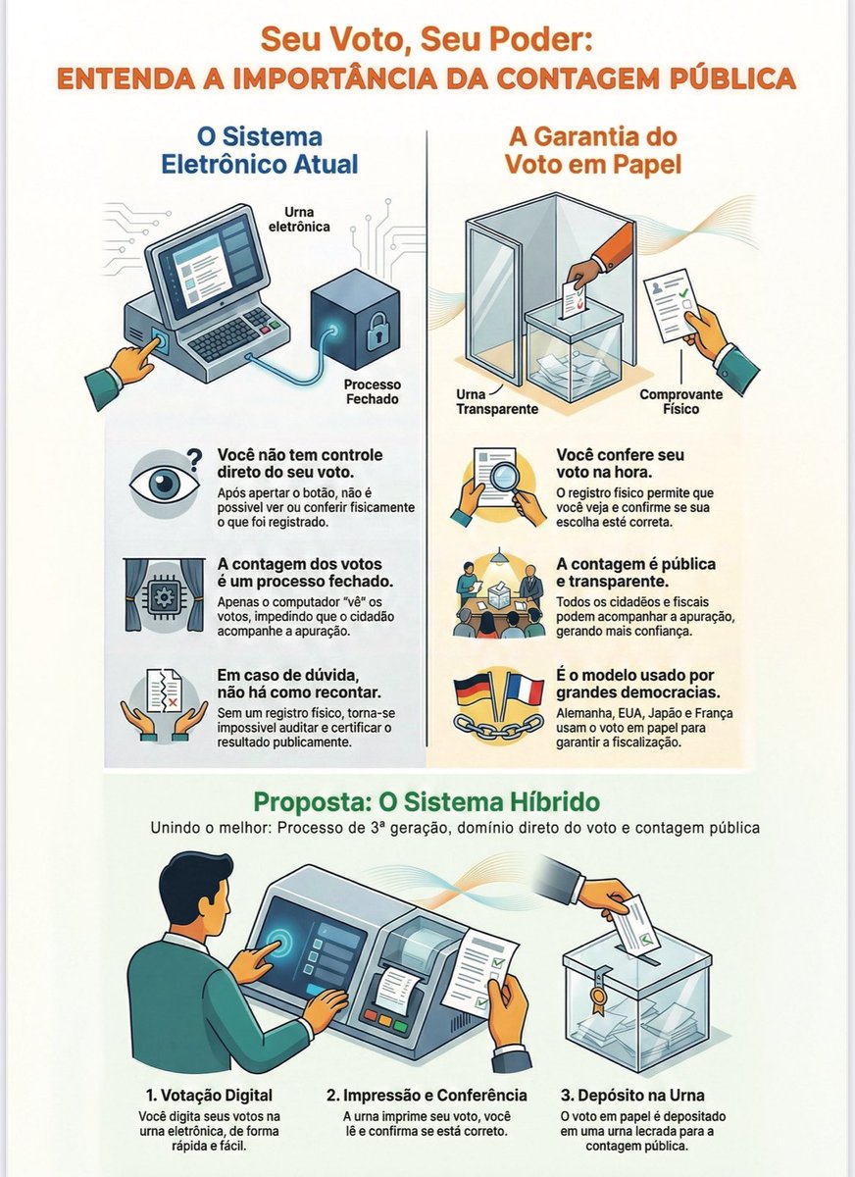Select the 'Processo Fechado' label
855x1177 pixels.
(372, 392)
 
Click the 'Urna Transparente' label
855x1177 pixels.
(497, 402)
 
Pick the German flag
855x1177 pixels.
(477, 690)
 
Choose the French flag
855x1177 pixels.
(525, 690)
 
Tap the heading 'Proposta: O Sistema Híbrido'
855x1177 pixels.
(427, 800)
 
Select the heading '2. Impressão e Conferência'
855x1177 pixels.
(427, 1095)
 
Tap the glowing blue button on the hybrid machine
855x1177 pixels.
(276, 937)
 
